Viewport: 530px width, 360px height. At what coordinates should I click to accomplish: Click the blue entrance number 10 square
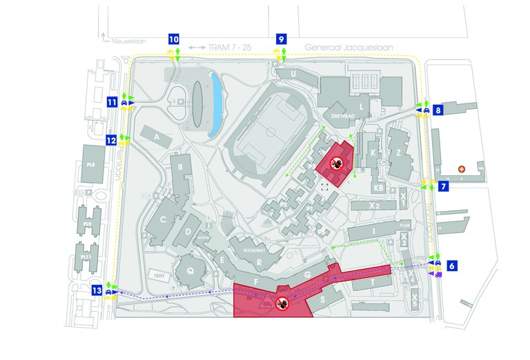tap(173, 40)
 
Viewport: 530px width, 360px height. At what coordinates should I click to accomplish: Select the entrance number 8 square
tap(439, 110)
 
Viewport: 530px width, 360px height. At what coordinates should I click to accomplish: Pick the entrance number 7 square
tap(444, 186)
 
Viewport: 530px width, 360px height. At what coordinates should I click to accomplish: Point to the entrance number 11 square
tap(111, 102)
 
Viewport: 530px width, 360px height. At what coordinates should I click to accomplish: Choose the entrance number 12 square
tap(111, 140)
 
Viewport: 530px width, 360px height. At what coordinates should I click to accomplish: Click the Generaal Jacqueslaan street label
tap(339, 48)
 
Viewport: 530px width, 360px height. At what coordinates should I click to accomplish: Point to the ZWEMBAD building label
tap(340, 117)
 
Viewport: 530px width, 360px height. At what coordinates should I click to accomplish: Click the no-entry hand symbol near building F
tap(282, 301)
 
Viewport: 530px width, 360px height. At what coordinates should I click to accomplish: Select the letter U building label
tap(293, 74)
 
